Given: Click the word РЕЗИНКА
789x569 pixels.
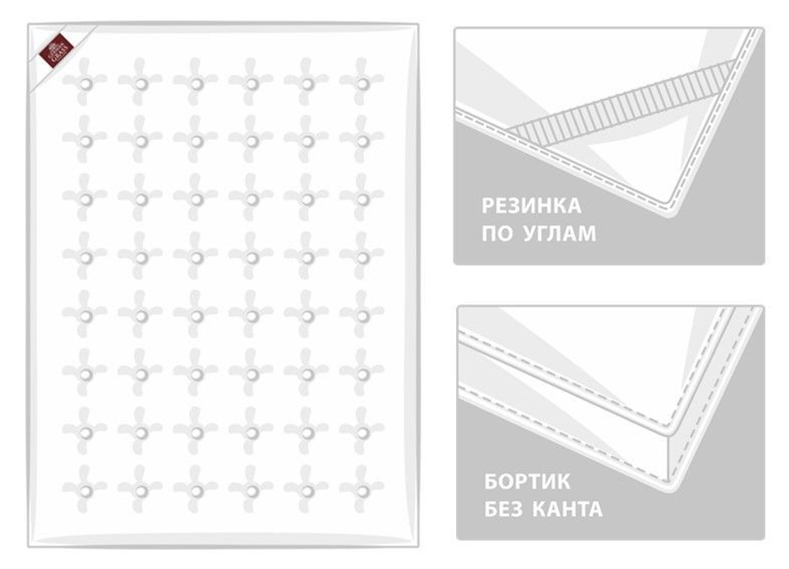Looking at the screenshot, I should point(531,207).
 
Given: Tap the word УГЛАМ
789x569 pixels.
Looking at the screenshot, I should point(558,234).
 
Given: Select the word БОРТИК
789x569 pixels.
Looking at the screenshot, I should point(527,481).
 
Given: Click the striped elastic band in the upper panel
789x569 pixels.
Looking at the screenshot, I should point(623,99).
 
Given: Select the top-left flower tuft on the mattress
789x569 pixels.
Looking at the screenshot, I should point(84,82).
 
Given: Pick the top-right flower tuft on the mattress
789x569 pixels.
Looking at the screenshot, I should point(362,82).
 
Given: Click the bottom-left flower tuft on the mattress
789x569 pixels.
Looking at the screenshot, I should point(84,490).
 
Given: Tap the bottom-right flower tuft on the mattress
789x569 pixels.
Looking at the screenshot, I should point(362,490).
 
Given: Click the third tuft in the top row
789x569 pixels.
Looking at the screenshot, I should point(196,82).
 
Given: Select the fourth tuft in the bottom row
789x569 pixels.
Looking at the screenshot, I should point(251,490).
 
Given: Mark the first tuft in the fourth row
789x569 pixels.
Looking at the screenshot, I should point(84,257).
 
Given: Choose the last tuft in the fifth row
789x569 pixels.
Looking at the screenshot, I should point(362,316).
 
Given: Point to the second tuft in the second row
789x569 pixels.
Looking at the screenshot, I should point(140,140).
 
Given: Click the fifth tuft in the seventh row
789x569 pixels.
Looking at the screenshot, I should point(307,432).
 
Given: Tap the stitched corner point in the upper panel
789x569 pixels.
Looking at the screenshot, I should point(673,203).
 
